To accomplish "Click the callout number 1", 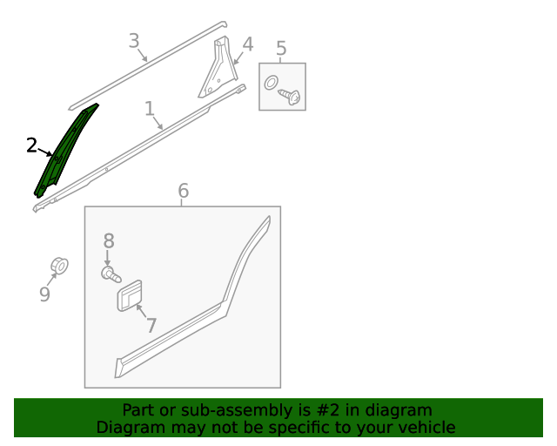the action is click(x=150, y=109).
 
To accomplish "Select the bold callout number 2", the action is click(x=31, y=145).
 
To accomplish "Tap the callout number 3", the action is click(x=134, y=41).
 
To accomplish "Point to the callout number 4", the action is click(x=247, y=44).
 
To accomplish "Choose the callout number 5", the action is click(x=281, y=48).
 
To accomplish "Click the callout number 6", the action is click(x=183, y=191).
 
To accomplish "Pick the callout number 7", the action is click(x=151, y=325).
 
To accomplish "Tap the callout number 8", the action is click(x=109, y=240).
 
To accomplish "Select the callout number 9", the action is click(x=44, y=294).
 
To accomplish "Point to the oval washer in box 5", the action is click(x=272, y=83).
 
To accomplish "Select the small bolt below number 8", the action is click(x=111, y=274).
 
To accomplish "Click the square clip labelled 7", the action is click(x=130, y=295).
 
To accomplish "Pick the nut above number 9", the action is click(x=59, y=266).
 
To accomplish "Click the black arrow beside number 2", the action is click(x=44, y=152).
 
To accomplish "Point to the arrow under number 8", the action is click(x=107, y=258).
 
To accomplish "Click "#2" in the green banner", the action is click(x=327, y=410).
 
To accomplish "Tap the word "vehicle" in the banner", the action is click(x=430, y=427).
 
